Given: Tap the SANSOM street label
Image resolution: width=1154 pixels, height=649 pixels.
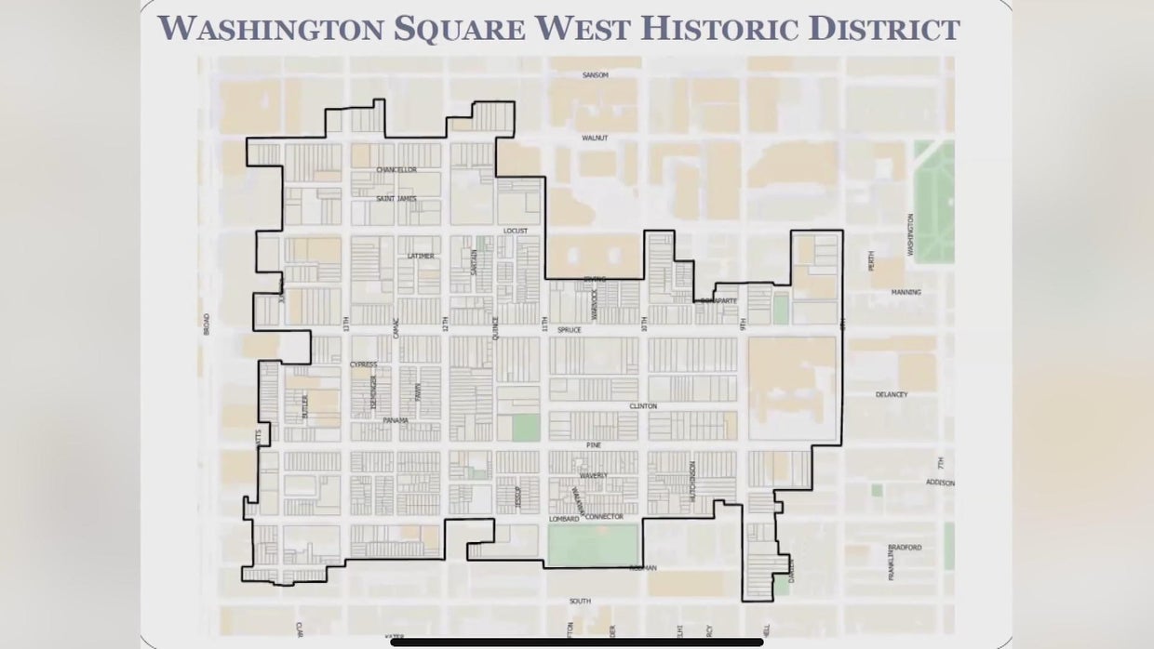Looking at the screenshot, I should [595, 74].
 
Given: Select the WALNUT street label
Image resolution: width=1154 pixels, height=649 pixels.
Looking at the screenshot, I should [595, 138].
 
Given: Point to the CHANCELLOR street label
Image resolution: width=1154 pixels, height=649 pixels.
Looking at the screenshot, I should [396, 170].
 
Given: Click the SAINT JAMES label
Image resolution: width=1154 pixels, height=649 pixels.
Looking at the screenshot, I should [396, 198].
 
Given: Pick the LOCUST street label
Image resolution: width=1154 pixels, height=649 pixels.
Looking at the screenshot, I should [515, 231].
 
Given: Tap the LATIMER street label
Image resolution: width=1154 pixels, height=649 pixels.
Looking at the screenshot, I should [421, 256].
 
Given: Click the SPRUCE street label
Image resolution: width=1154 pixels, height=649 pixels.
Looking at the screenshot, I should [569, 329].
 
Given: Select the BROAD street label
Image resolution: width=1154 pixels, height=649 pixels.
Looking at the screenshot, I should [207, 324].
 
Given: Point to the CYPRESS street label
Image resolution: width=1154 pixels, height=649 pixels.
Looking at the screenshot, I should [363, 364].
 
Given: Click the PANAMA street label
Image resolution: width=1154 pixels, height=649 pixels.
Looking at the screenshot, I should [396, 420].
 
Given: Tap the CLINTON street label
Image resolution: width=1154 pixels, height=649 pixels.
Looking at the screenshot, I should [643, 406].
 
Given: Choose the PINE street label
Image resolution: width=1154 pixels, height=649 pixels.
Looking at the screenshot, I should [594, 445].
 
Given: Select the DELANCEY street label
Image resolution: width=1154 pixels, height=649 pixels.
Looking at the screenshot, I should [891, 394].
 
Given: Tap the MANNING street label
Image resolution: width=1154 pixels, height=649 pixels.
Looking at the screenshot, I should [906, 292].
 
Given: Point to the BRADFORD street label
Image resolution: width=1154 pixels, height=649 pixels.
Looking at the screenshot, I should [904, 548].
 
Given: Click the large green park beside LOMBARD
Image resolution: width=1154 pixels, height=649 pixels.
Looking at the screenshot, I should [593, 544].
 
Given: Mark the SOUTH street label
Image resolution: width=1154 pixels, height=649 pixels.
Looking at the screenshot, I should [580, 601].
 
